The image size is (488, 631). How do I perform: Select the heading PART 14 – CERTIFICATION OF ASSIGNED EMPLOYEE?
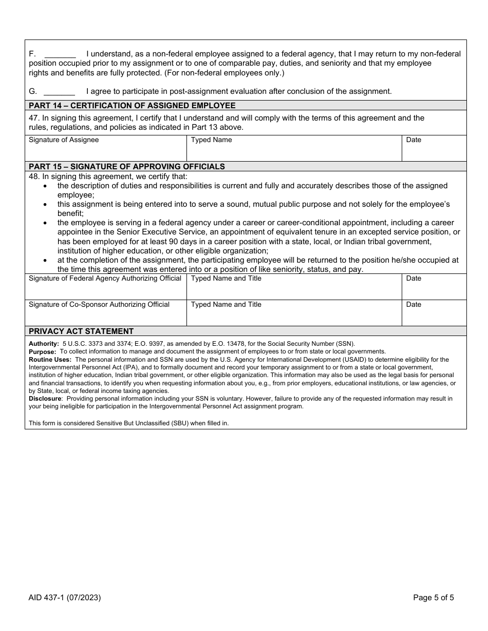pos(132,106)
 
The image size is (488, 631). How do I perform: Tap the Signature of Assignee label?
pos(64,140)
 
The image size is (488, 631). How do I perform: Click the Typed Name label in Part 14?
pos(211,140)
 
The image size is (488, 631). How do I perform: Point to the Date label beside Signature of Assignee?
pos(414,140)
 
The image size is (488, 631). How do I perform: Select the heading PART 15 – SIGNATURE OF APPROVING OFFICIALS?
pos(127,167)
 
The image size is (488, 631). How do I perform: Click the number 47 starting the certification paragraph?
pos(33,118)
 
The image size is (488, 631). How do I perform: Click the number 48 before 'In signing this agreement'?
pos(33,176)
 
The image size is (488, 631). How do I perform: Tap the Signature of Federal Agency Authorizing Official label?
pos(105,279)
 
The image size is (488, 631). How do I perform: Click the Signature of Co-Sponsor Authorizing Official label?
pos(99,305)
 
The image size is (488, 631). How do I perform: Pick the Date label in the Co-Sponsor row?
pos(414,305)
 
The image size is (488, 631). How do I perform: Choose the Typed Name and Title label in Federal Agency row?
pos(226,279)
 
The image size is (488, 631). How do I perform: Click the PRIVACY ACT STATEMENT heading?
pos(81,331)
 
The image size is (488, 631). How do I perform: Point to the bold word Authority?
pos(44,344)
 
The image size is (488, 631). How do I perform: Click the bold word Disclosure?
pos(45,399)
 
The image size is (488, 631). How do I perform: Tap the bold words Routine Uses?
pos(50,360)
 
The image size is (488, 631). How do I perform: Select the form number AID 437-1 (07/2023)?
pos(65,597)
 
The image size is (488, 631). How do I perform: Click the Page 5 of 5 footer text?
pos(434,597)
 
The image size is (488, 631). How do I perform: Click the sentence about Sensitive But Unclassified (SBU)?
pos(128,423)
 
